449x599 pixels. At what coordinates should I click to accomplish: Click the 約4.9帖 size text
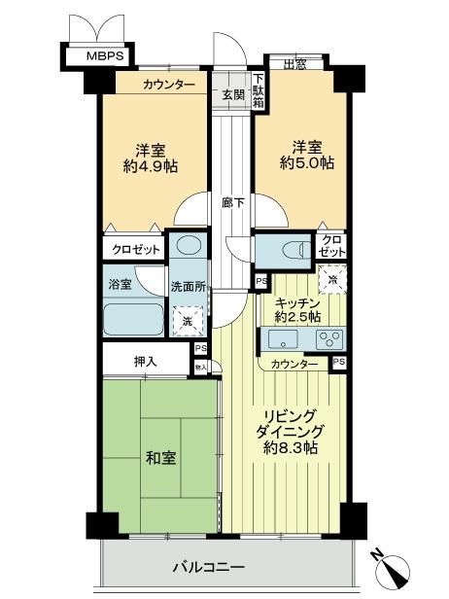tap(151, 167)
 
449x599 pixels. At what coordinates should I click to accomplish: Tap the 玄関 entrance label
tap(233, 94)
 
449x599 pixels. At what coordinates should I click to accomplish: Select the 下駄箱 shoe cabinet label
tap(259, 90)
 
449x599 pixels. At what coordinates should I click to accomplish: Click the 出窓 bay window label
tap(296, 66)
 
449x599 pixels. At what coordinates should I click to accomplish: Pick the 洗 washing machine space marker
tap(188, 318)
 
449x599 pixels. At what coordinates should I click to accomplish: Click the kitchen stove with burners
tap(328, 340)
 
